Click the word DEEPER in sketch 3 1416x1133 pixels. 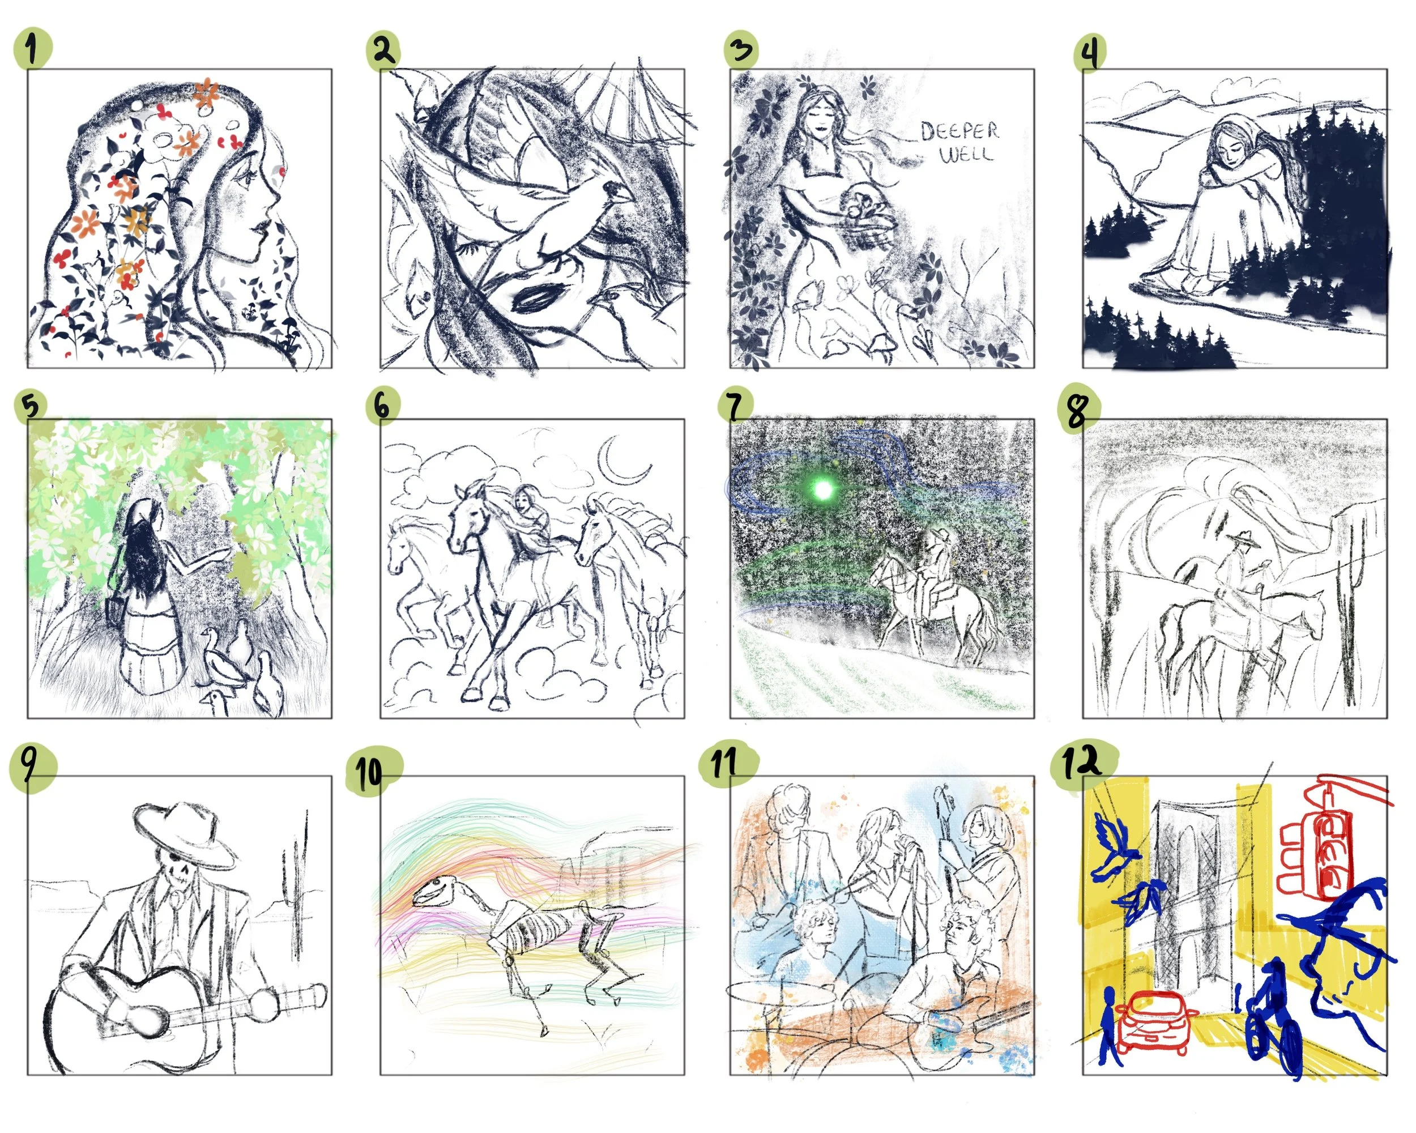tap(959, 131)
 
